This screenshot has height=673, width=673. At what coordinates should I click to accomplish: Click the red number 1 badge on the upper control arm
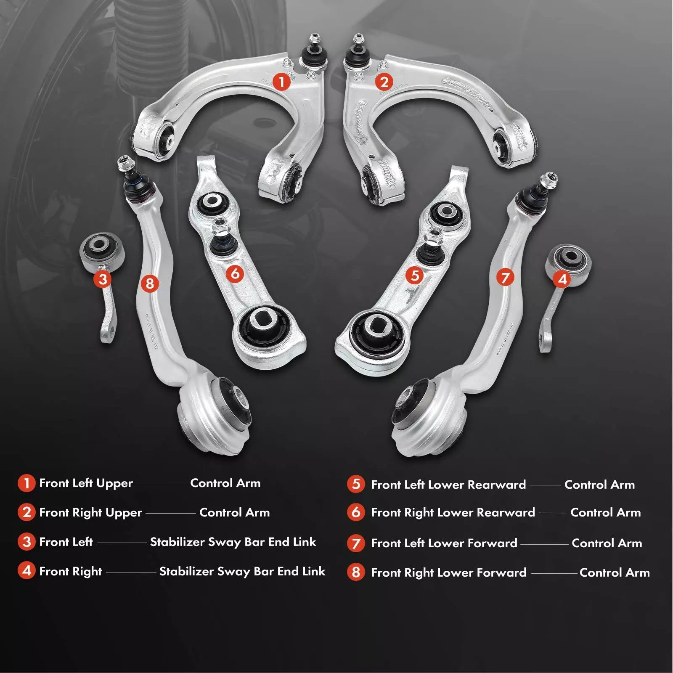click(x=282, y=81)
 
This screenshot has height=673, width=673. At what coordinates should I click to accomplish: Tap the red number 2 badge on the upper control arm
click(x=384, y=82)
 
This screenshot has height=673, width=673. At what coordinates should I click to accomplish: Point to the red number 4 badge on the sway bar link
click(x=562, y=279)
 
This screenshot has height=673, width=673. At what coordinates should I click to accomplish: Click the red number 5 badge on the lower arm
click(x=415, y=276)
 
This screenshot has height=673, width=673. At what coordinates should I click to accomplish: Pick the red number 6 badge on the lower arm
click(x=235, y=274)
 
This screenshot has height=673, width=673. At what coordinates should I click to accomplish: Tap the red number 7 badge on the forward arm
click(x=505, y=277)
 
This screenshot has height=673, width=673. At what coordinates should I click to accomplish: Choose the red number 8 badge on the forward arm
click(x=150, y=284)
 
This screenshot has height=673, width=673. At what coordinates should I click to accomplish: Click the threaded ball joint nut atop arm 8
click(x=125, y=162)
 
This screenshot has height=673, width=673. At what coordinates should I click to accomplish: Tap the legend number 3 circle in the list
click(x=26, y=542)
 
